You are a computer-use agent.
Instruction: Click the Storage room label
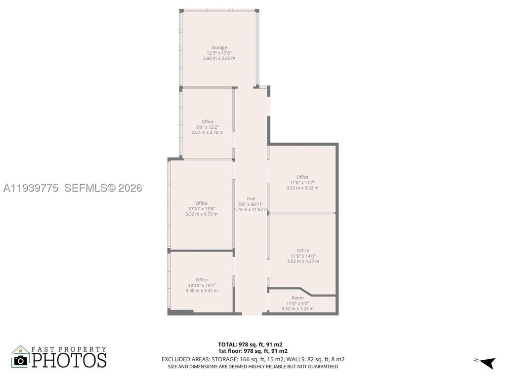click(219, 47)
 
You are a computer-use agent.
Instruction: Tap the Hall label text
click(251, 199)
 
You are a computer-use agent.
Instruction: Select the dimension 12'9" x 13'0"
click(219, 53)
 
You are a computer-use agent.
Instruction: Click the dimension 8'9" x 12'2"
click(207, 127)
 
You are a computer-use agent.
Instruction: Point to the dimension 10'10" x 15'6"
click(202, 209)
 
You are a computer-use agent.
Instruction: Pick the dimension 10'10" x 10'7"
click(202, 285)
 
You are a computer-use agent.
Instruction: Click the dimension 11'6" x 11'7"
click(302, 183)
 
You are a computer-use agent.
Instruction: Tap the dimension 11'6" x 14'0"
click(303, 256)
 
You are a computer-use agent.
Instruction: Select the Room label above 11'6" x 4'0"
click(297, 298)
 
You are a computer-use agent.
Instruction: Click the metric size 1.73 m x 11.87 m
click(251, 209)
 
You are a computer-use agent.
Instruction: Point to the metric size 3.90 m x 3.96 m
click(219, 58)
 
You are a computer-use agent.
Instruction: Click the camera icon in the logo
click(21, 360)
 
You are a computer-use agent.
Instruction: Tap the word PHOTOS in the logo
click(69, 360)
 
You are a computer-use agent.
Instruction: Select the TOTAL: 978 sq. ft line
click(251, 344)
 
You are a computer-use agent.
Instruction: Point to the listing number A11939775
click(31, 188)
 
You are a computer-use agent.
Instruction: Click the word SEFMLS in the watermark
click(85, 188)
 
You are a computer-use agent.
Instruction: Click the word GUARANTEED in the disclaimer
click(323, 367)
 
